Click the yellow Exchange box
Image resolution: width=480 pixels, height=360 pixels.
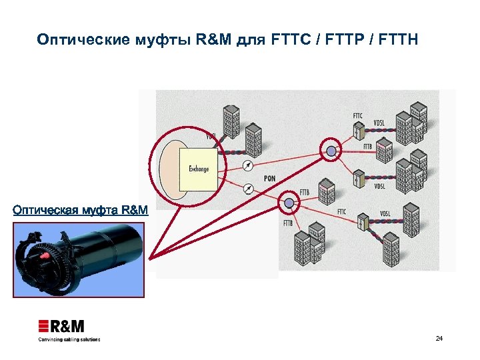coord(198,169)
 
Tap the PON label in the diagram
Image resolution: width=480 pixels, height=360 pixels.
coord(269,179)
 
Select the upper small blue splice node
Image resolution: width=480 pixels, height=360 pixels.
coord(330,151)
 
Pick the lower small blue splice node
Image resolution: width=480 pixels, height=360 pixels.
coord(289,201)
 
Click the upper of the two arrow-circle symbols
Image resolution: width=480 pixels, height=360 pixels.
coord(247,165)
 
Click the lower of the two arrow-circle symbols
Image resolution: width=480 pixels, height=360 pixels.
coord(247,188)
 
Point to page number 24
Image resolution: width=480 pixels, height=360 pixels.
coord(439,339)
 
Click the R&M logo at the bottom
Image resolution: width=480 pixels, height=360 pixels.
coord(61,327)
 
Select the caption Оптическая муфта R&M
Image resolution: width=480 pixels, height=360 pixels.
coord(80,211)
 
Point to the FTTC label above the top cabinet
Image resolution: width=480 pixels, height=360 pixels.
coord(358,116)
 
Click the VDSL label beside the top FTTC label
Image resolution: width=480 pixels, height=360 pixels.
coord(379,123)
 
